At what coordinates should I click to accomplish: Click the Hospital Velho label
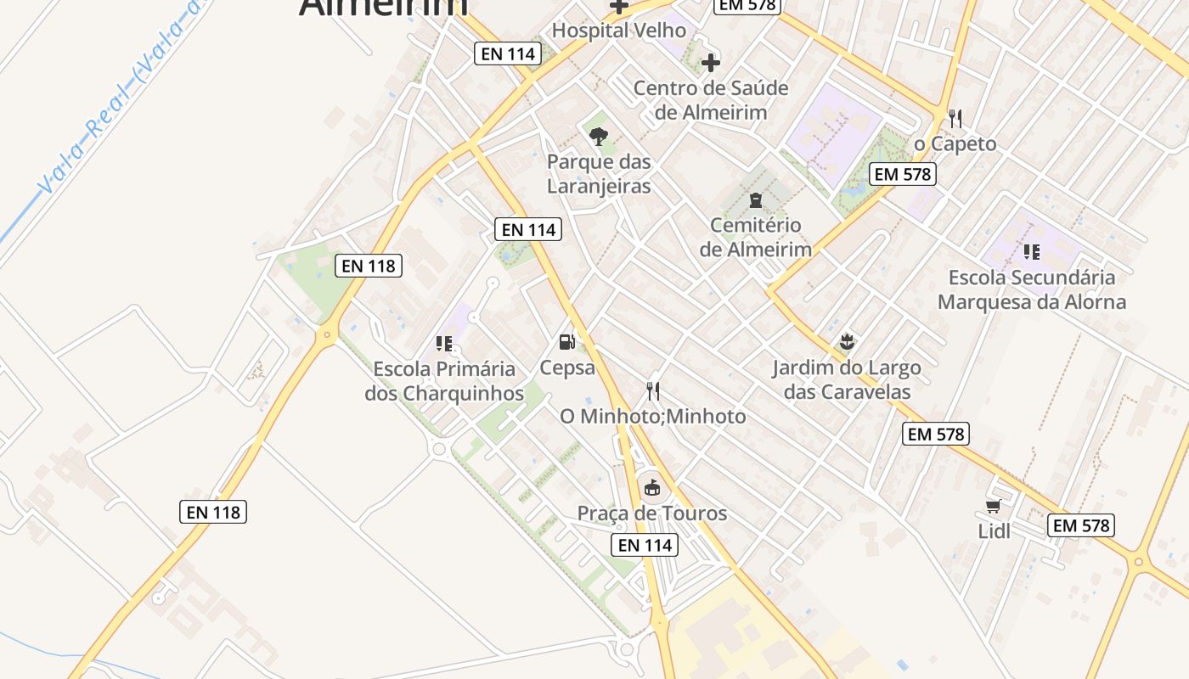(x=618, y=31)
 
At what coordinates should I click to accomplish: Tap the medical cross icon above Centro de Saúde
(x=711, y=62)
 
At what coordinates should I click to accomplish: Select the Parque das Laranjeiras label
(x=599, y=174)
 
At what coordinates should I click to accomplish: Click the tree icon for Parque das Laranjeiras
(x=599, y=136)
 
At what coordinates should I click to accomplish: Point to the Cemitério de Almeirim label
(x=755, y=238)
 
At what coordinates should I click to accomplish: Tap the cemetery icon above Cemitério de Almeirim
(x=755, y=201)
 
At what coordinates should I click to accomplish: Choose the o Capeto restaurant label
(x=955, y=144)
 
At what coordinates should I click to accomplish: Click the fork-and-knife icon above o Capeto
(x=955, y=118)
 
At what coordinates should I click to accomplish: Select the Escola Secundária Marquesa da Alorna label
(x=1032, y=289)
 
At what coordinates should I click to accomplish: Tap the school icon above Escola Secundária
(x=1032, y=251)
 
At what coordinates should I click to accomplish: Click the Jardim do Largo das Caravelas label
(x=846, y=379)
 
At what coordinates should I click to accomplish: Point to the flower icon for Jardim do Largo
(x=846, y=343)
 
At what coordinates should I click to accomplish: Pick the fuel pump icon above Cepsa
(x=566, y=342)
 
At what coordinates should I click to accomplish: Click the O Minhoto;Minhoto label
(x=652, y=417)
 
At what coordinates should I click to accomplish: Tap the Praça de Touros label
(x=652, y=513)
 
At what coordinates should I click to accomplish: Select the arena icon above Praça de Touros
(x=651, y=487)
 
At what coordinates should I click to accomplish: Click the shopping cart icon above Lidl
(x=993, y=507)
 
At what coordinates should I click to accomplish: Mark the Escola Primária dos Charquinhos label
(x=444, y=381)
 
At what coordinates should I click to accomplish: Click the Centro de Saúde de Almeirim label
(x=711, y=100)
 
